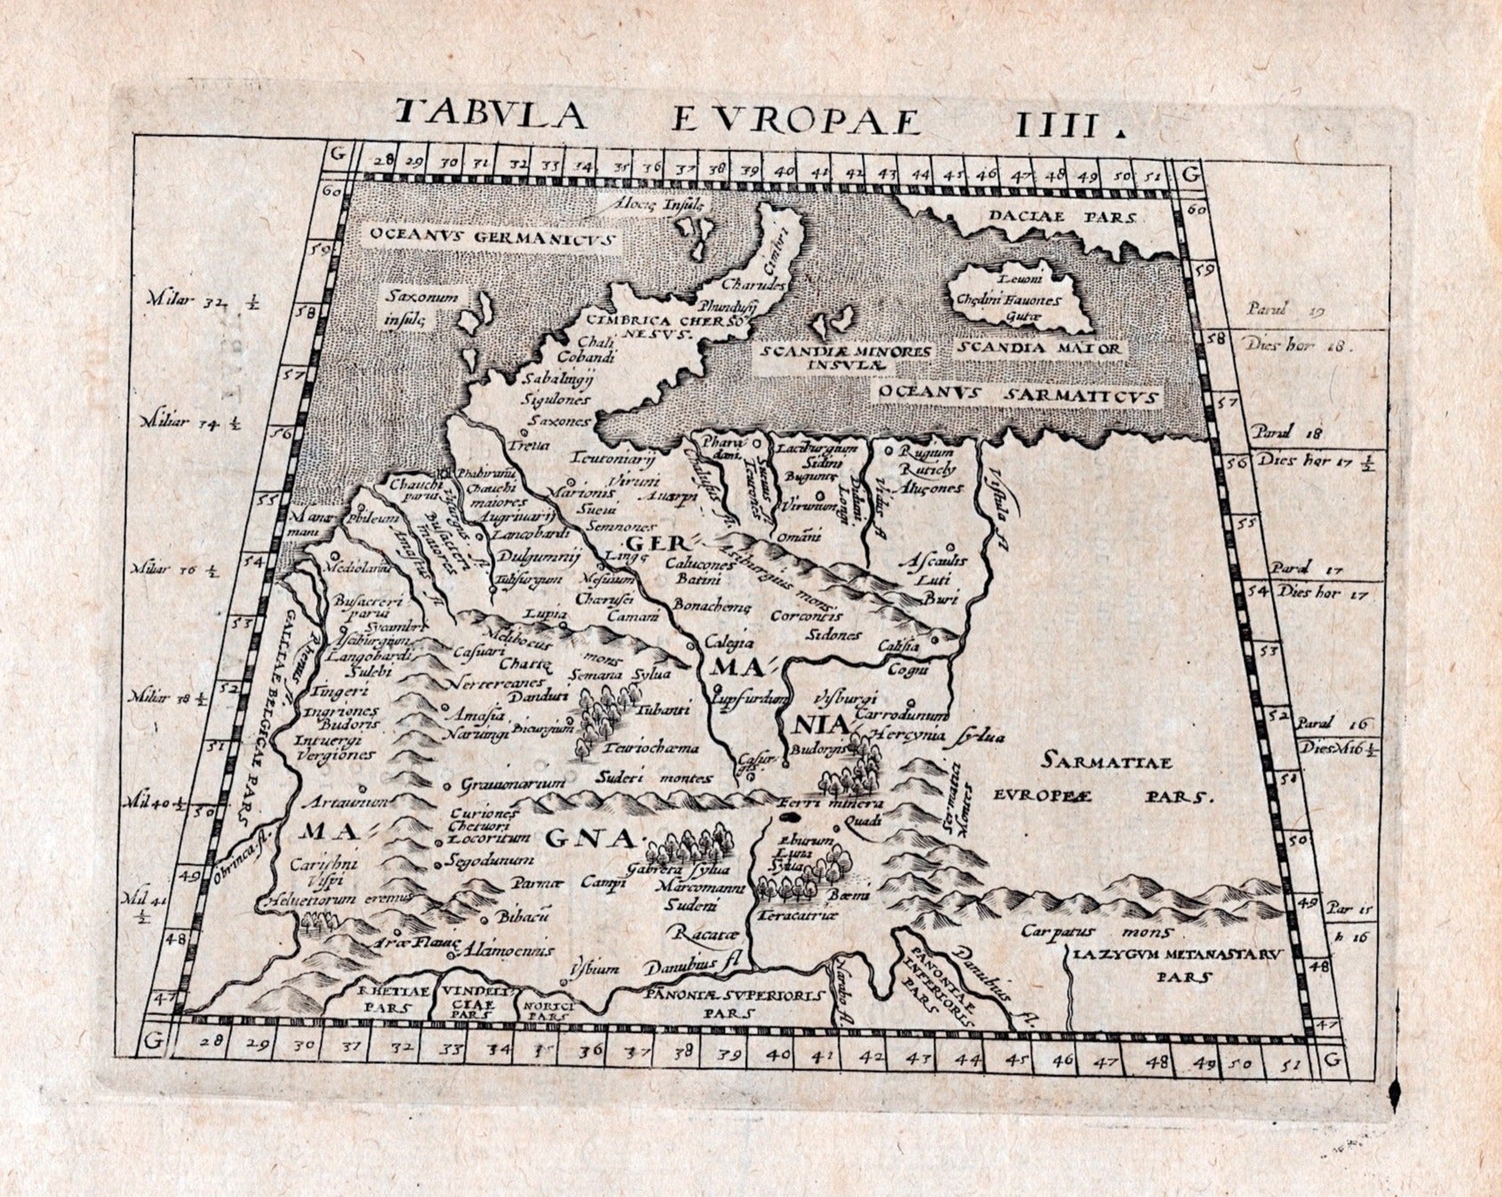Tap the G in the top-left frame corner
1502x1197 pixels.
[337, 152]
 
